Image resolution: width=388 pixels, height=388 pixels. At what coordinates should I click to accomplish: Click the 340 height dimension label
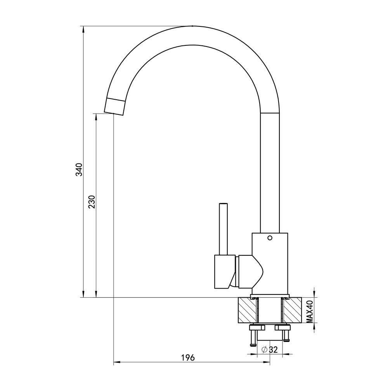(x=79, y=170)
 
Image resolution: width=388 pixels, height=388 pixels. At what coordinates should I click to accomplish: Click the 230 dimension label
(x=92, y=202)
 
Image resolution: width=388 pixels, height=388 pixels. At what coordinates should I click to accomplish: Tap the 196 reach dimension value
(x=188, y=358)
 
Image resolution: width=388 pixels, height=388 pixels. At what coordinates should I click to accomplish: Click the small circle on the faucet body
(x=270, y=238)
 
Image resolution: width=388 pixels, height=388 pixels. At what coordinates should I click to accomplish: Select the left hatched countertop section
(x=248, y=310)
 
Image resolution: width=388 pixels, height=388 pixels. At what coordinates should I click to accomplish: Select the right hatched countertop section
(x=292, y=310)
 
